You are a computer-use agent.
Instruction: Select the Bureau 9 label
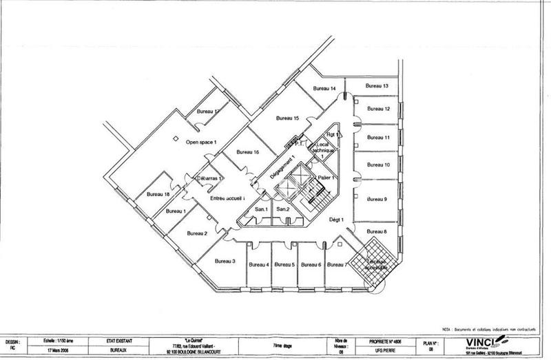coord(377,200)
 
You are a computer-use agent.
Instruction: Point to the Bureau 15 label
coord(287,119)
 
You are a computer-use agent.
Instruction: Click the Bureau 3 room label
coord(225,261)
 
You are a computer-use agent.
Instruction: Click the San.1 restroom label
coord(261,209)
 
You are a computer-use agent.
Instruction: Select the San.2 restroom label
coord(282,209)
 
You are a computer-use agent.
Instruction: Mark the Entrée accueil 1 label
coord(228,198)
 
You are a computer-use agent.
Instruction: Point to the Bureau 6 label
coord(311,264)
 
